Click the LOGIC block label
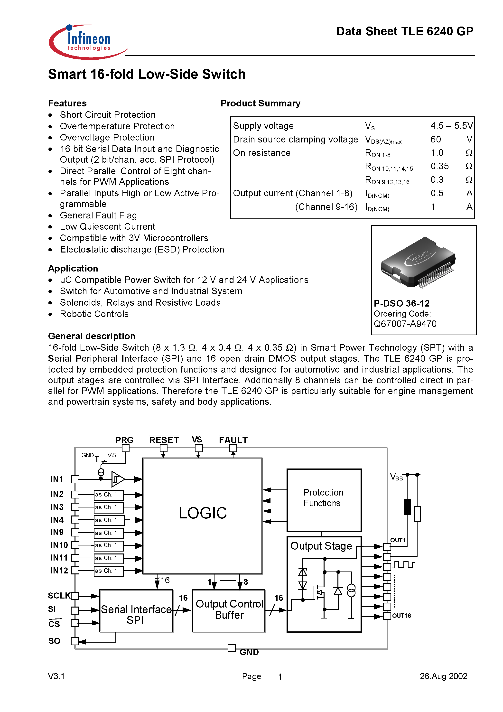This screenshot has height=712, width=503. [203, 513]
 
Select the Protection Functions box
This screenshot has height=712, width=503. [324, 500]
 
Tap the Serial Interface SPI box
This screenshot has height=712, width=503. [136, 614]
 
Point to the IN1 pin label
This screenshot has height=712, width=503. [57, 479]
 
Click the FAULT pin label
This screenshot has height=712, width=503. [233, 440]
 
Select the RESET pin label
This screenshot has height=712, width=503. [164, 440]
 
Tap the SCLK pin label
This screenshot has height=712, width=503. [59, 596]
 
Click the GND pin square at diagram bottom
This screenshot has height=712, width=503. [231, 648]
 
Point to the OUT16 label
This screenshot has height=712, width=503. [401, 616]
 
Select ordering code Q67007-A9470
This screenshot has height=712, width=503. [405, 324]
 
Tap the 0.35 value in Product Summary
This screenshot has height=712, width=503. [439, 167]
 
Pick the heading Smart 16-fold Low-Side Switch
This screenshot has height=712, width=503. [147, 75]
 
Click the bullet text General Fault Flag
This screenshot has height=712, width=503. [98, 215]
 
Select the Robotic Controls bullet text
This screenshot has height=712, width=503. [94, 314]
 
